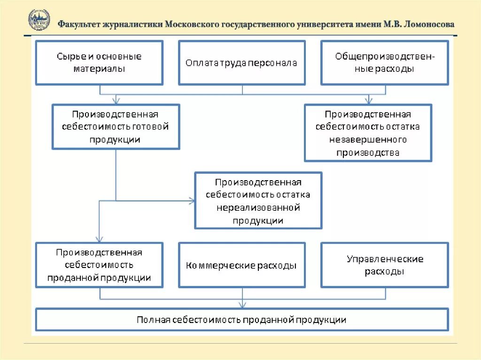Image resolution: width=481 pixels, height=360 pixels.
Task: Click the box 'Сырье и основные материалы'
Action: coord(99,62)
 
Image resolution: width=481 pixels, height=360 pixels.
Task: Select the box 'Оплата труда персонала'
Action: coord(241,62)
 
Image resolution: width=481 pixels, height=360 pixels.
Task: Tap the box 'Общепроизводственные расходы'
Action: coord(384,62)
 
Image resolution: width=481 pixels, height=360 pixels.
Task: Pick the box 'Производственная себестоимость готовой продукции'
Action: coord(116,127)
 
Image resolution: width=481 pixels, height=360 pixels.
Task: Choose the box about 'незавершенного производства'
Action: coord(368,133)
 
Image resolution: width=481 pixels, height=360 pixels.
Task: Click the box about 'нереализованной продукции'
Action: coord(258,200)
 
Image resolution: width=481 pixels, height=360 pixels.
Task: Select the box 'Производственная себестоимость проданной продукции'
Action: coord(99,265)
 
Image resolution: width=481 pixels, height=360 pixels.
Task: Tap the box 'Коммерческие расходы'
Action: coord(241,265)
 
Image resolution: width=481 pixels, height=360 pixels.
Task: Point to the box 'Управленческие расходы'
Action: coord(384,265)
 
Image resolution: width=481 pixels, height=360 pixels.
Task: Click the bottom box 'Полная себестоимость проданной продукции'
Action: coord(241,320)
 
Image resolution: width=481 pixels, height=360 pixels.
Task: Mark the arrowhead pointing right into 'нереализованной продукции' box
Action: coord(192,201)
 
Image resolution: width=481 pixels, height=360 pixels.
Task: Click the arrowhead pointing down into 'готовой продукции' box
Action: coord(116,100)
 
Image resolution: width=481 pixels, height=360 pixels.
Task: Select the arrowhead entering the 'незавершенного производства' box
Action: coord(369,100)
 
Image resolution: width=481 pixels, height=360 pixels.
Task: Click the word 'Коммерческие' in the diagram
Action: coord(213,265)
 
